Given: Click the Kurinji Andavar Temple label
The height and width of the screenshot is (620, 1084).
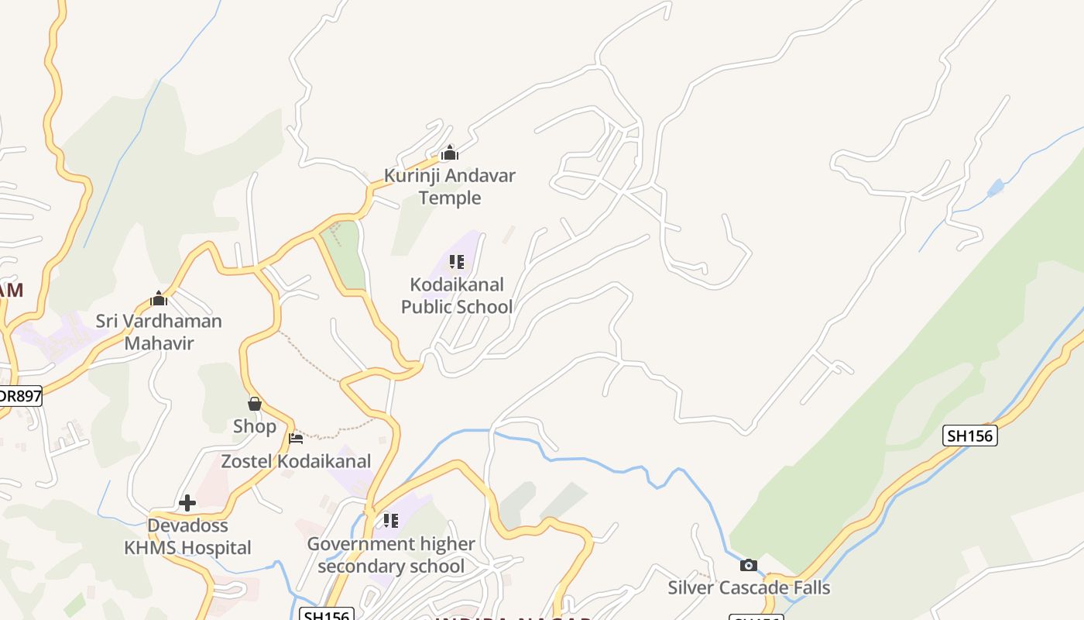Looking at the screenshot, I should [x=450, y=187].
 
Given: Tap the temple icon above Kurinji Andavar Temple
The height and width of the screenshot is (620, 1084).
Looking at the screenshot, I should [x=450, y=153].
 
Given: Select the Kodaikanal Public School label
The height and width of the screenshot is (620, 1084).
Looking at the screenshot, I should [x=457, y=295].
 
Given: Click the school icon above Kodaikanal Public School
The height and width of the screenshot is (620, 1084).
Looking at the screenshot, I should [x=457, y=262].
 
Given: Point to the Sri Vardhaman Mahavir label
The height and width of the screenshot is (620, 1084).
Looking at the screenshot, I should [x=159, y=332].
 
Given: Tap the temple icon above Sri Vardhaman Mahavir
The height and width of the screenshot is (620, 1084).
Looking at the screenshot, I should [x=159, y=298].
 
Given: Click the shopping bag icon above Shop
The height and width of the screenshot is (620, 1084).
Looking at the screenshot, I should [x=254, y=404].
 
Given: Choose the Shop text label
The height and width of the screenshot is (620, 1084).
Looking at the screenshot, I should [x=254, y=426].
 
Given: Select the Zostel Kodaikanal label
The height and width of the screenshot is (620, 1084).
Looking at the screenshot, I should [x=297, y=461].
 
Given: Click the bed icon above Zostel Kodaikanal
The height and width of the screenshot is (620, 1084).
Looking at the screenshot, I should [x=296, y=439].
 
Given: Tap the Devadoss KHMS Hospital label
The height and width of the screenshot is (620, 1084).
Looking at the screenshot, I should [x=187, y=536].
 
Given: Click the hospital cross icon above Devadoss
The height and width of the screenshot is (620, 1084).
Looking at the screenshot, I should [x=187, y=503].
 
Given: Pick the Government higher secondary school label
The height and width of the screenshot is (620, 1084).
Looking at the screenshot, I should [x=391, y=555].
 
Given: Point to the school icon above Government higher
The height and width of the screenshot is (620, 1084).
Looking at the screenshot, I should [x=391, y=521].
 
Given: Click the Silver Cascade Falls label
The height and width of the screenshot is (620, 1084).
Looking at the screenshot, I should [x=749, y=587].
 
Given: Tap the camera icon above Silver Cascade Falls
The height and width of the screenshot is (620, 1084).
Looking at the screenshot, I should [x=748, y=565].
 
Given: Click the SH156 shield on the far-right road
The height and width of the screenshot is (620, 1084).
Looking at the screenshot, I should [x=970, y=436].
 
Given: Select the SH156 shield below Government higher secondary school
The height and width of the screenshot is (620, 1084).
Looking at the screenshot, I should [x=326, y=615].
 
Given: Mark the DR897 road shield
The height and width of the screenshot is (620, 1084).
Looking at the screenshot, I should [x=19, y=396].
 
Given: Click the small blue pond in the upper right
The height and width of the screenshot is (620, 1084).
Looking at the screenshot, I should [x=996, y=187].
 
